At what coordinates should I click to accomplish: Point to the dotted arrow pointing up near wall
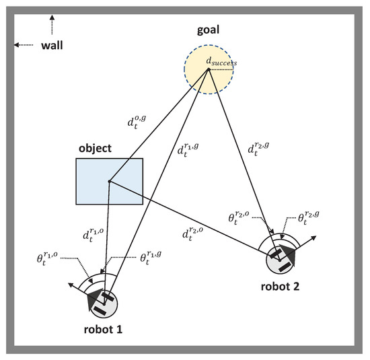coord(52,25)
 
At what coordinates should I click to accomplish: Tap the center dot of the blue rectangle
coord(109,180)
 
